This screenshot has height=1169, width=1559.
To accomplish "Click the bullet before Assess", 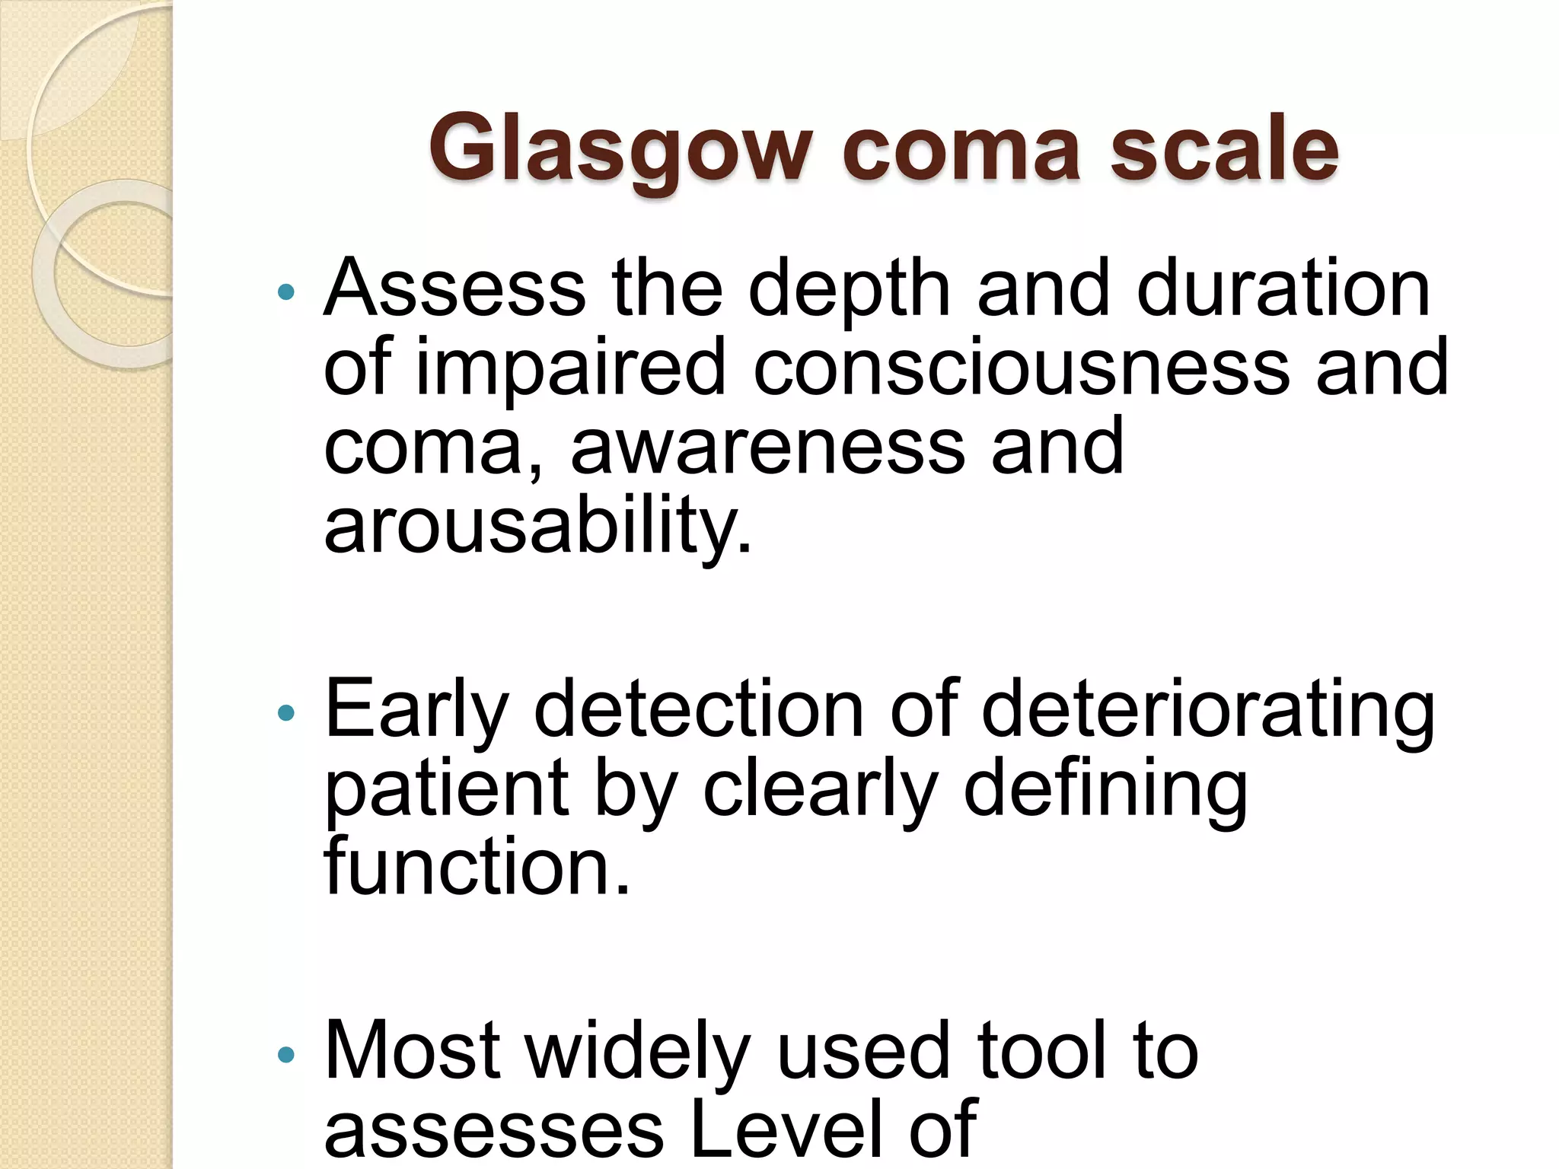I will [286, 291].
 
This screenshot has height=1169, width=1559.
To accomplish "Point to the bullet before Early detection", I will [286, 713].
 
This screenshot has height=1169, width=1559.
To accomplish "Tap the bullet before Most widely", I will [286, 1054].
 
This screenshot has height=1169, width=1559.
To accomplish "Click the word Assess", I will [454, 289].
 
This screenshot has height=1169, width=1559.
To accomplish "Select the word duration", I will [1283, 289].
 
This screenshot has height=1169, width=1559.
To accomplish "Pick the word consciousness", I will [1021, 368].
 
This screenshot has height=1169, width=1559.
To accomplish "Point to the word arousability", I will [537, 527].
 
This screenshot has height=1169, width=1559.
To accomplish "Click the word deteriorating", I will [1208, 711].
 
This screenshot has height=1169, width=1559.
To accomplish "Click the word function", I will [477, 868].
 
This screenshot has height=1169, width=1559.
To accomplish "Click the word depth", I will [850, 289].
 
